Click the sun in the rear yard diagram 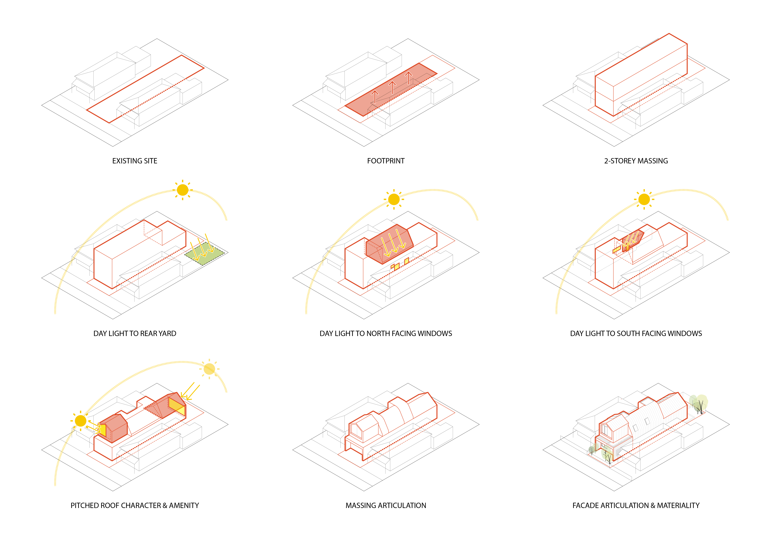tap(182, 190)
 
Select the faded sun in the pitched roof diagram tap(209, 369)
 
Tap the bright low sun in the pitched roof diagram tap(81, 421)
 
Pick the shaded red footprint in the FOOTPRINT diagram tap(391, 89)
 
